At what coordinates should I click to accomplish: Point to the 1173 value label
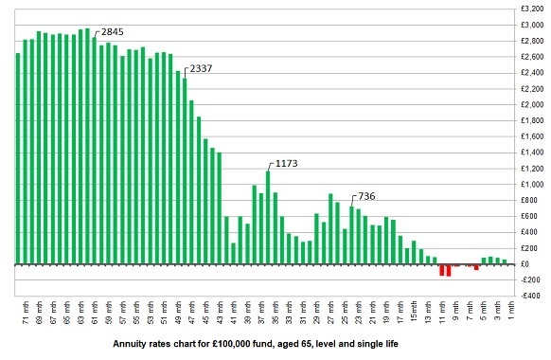pos(285,163)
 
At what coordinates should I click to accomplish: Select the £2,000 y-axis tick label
pos(531,105)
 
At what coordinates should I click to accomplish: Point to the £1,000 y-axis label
pos(531,185)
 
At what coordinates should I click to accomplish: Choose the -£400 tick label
pos(533,296)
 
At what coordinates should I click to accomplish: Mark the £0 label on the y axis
pos(537,264)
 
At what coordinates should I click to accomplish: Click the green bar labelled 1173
pos(268,218)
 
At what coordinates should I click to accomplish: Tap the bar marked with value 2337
pos(185,171)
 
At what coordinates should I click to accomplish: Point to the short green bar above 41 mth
pos(234,253)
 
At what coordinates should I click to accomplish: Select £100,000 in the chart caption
pos(251,345)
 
